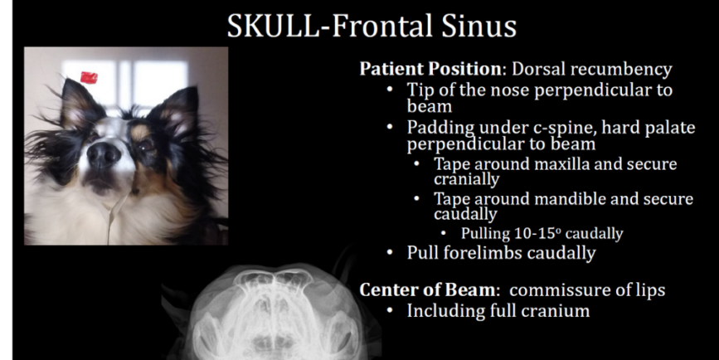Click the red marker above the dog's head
click(x=89, y=78)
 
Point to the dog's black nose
click(x=105, y=154)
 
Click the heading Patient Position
click(x=426, y=70)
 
